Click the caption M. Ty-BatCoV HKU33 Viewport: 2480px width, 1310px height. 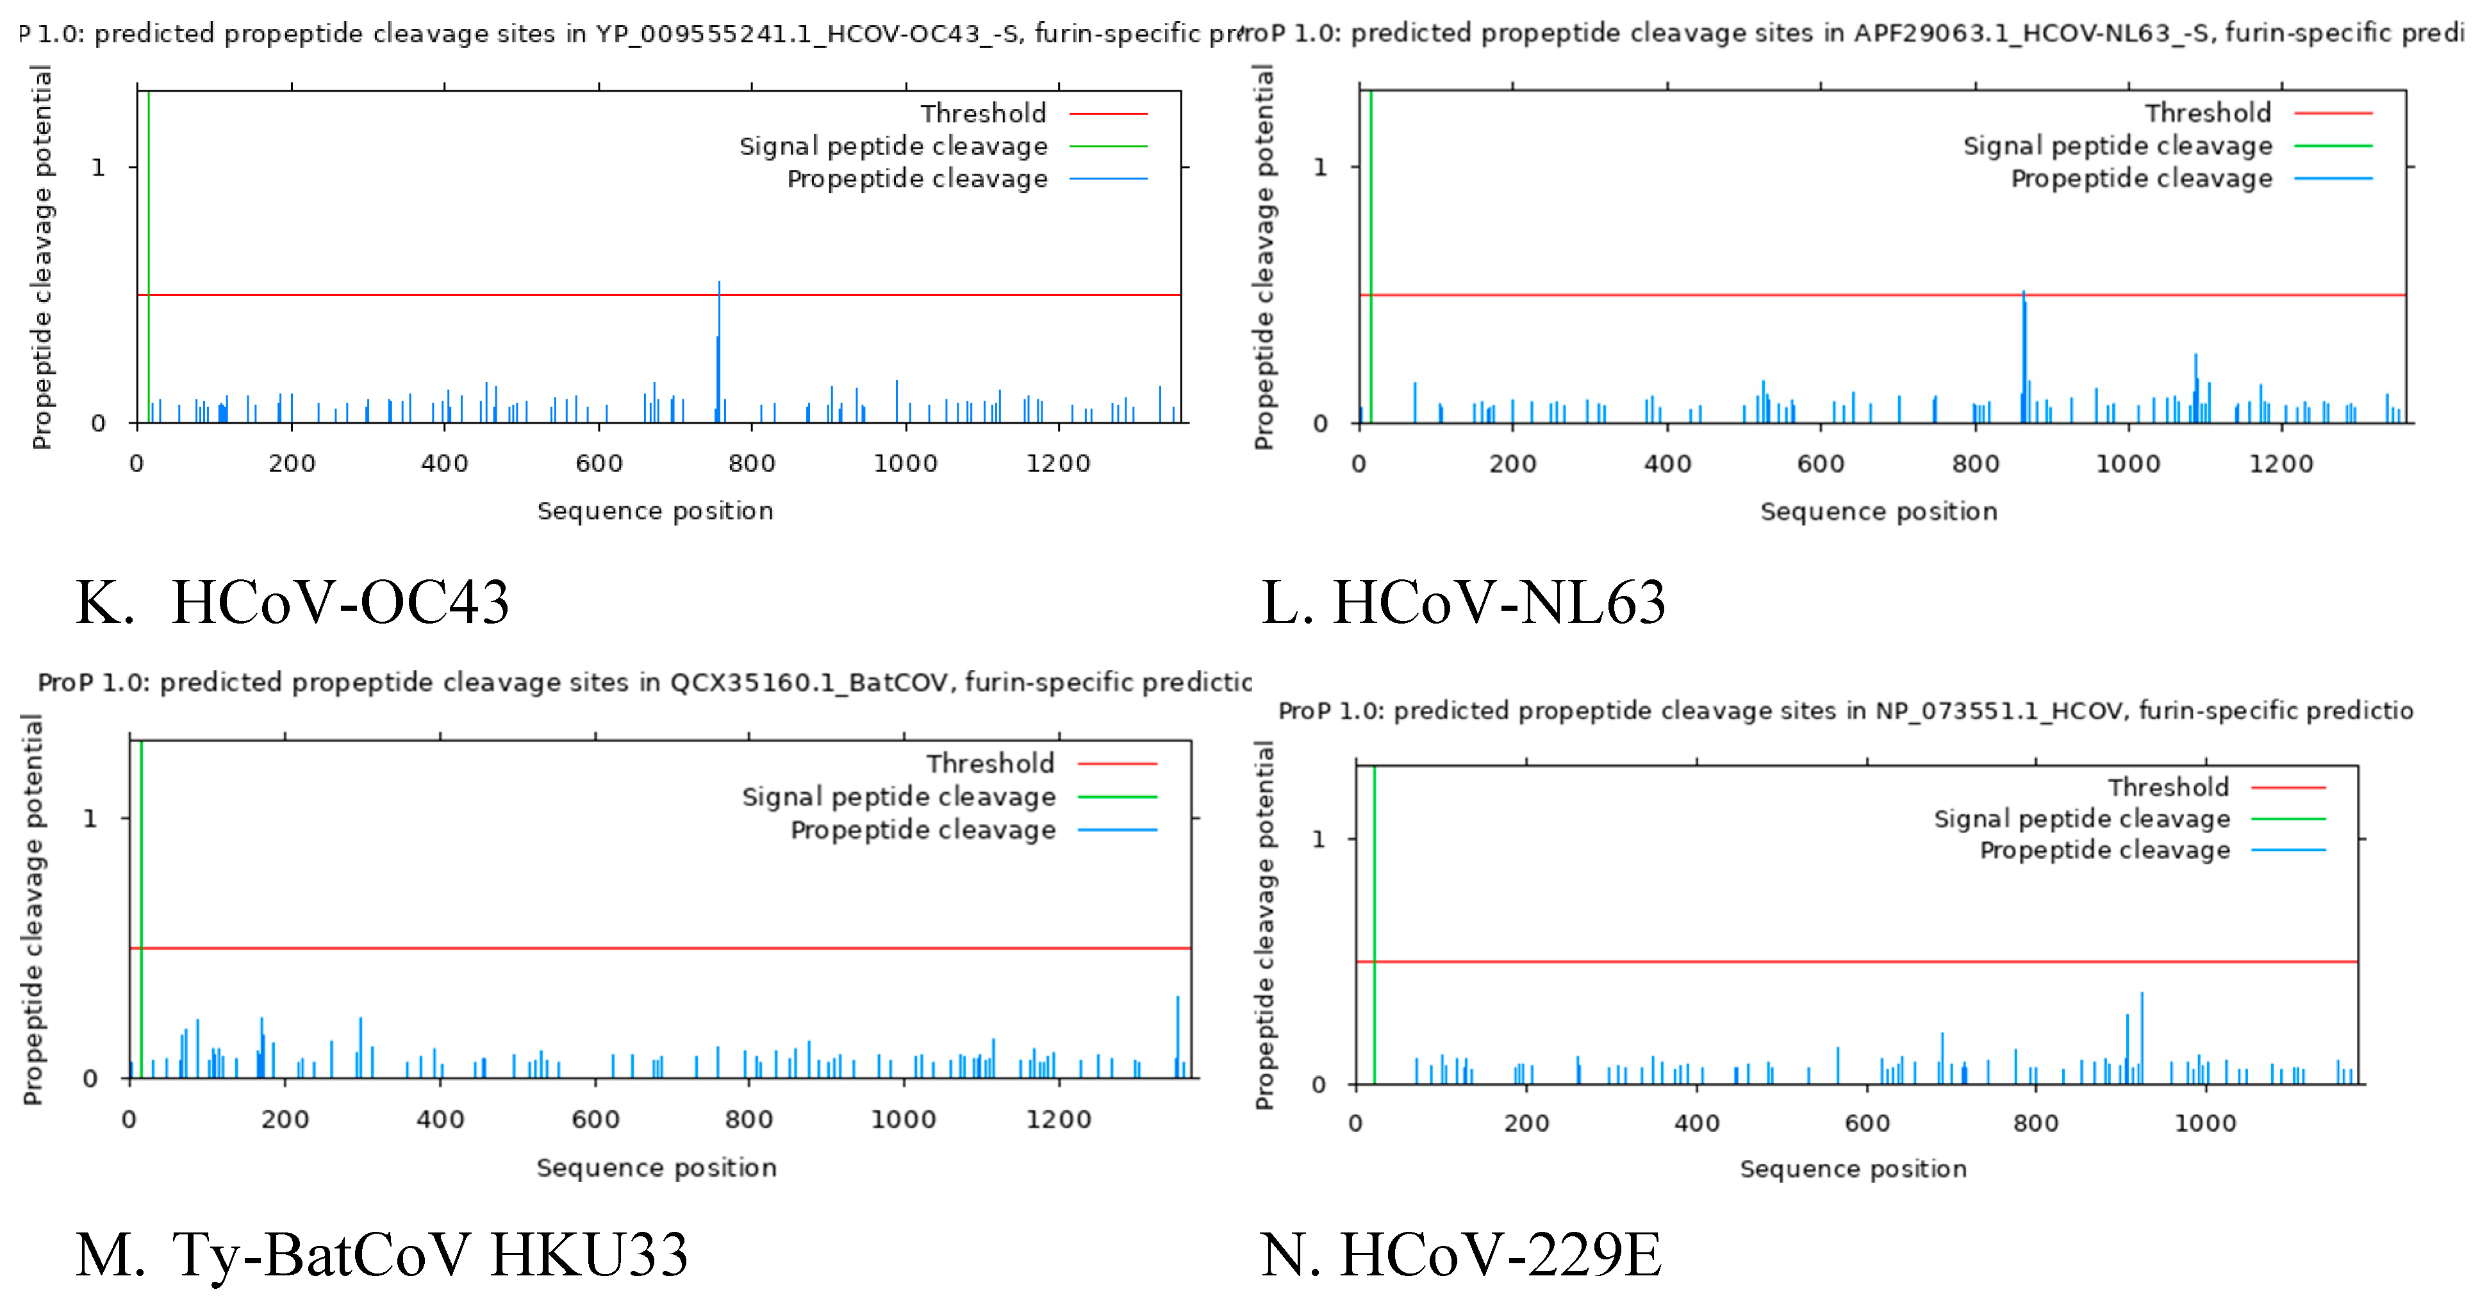(x=381, y=1255)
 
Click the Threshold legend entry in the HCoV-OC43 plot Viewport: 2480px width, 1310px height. (x=983, y=113)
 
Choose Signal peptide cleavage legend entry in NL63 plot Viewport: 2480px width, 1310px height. (x=2117, y=146)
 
